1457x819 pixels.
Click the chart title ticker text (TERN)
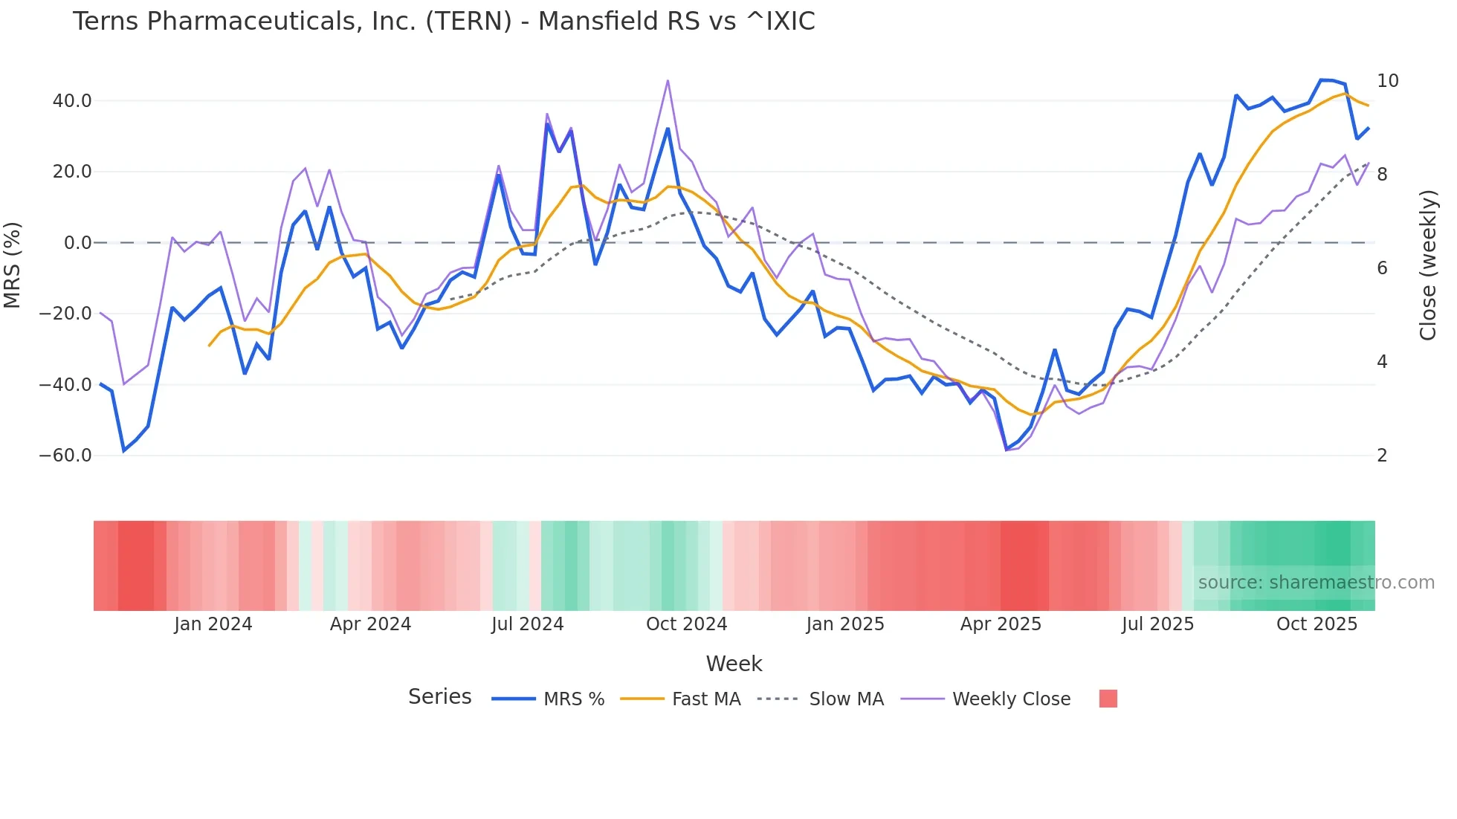pyautogui.click(x=468, y=22)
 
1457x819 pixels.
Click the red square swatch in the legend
pyautogui.click(x=1108, y=699)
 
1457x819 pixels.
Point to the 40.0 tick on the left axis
pyautogui.click(x=72, y=101)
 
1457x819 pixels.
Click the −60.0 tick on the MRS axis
pyautogui.click(x=65, y=456)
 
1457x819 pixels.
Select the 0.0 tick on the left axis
pyautogui.click(x=77, y=243)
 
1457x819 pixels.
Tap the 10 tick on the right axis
pyautogui.click(x=1387, y=81)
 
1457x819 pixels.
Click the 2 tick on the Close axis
pyautogui.click(x=1382, y=456)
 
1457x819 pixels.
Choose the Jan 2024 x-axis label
pyautogui.click(x=213, y=624)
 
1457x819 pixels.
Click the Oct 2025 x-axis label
pyautogui.click(x=1317, y=624)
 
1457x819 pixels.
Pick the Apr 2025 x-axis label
pyautogui.click(x=1001, y=624)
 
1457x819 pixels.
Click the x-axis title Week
pyautogui.click(x=734, y=664)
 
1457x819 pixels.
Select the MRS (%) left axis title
pyautogui.click(x=13, y=265)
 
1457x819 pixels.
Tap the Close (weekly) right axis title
pyautogui.click(x=1428, y=265)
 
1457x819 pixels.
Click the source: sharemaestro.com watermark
pyautogui.click(x=1316, y=583)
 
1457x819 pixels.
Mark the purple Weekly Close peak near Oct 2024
pyautogui.click(x=668, y=81)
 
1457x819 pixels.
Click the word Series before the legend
pyautogui.click(x=439, y=697)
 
